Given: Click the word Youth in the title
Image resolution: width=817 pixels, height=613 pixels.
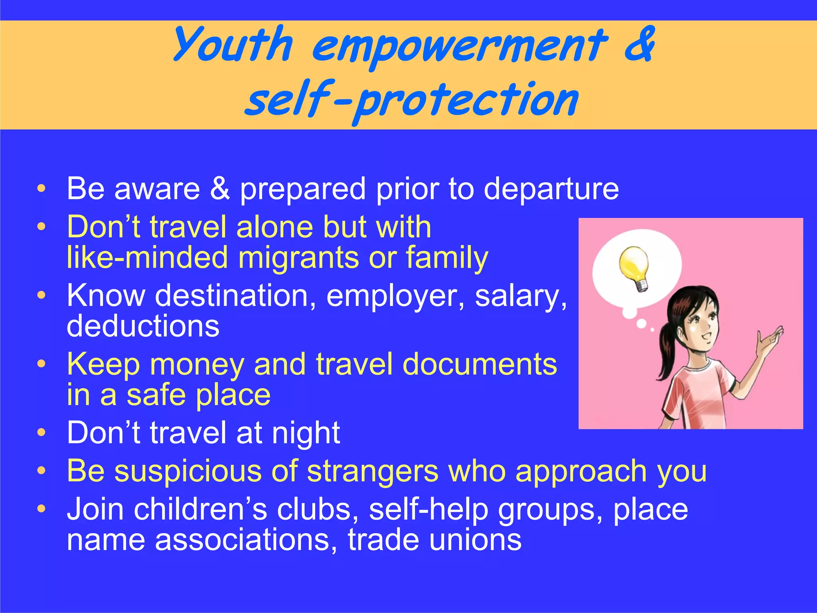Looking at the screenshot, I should (x=233, y=45).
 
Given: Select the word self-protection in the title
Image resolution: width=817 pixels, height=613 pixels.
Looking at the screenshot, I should (x=411, y=100).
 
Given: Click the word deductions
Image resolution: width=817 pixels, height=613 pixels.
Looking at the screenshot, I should (x=143, y=326).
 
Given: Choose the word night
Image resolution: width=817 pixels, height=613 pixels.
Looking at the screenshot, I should (x=306, y=433).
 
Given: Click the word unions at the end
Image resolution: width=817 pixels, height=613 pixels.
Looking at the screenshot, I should (x=475, y=540).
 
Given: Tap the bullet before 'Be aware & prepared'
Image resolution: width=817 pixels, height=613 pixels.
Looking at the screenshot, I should (x=41, y=188).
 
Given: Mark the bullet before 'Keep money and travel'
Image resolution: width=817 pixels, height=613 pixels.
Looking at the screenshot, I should (x=41, y=364).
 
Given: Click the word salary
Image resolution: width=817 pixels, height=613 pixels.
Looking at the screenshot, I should (x=520, y=296).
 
